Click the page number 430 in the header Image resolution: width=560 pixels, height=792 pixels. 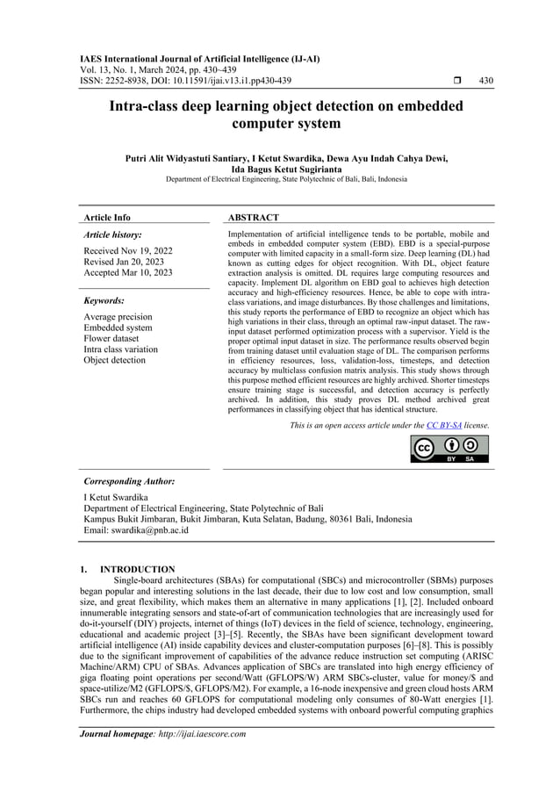pyautogui.click(x=485, y=81)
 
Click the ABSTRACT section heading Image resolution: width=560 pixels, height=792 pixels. pyautogui.click(x=253, y=217)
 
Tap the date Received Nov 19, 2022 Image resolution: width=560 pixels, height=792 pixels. pyautogui.click(x=127, y=251)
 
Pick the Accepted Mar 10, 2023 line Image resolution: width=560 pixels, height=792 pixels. pyautogui.click(x=127, y=273)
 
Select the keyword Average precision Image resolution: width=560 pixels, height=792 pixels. pyautogui.click(x=118, y=316)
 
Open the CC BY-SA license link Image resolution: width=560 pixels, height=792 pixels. pyautogui.click(x=444, y=425)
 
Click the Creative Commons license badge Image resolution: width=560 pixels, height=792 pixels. pyautogui.click(x=449, y=448)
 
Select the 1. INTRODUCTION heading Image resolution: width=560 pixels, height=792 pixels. pyautogui.click(x=129, y=570)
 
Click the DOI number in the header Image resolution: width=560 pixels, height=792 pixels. pyautogui.click(x=208, y=81)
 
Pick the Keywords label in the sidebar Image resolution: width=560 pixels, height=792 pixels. pyautogui.click(x=104, y=299)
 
